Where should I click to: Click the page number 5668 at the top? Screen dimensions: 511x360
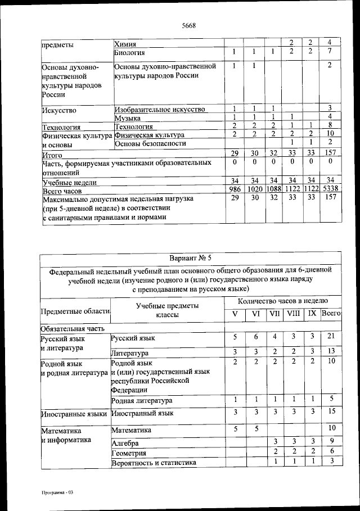point(188,25)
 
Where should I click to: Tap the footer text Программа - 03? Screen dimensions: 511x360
point(57,492)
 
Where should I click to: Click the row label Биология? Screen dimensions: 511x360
point(130,52)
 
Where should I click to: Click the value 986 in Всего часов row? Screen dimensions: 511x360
point(234,190)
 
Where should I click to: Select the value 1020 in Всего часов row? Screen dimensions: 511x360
point(254,190)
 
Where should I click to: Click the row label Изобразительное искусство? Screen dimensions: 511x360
point(160,109)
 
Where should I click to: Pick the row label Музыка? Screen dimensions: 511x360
point(127,118)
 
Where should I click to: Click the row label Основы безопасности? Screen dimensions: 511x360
point(150,143)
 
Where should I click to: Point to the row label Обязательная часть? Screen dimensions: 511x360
point(71,327)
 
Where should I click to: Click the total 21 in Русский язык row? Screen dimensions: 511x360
point(331,336)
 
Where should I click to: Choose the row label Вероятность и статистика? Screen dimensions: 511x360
point(154,463)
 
